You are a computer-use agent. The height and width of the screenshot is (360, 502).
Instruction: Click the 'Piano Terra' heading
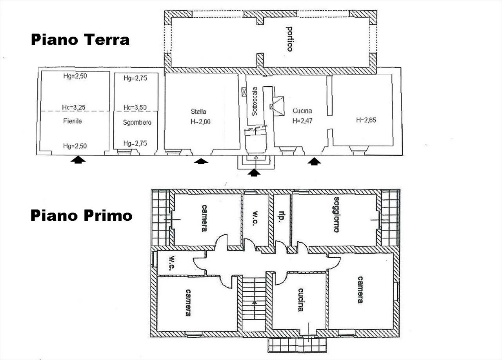80,40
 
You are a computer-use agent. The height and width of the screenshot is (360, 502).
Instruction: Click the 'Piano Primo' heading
81,215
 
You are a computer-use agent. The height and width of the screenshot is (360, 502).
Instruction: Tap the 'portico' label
289,39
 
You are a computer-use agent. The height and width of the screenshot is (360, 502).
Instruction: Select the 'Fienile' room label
73,121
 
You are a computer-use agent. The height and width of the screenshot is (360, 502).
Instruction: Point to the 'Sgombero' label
137,123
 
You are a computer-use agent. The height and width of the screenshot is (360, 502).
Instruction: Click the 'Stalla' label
198,111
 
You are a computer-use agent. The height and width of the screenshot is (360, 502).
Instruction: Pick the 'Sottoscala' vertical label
255,101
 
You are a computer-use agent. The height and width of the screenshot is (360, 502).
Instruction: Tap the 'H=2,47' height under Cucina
302,121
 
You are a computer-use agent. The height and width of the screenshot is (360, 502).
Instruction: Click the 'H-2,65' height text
366,120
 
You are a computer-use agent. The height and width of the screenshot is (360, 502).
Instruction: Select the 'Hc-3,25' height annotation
74,107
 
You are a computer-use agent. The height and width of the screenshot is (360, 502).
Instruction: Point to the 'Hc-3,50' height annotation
135,107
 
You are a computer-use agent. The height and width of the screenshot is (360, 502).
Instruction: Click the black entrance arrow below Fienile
78,160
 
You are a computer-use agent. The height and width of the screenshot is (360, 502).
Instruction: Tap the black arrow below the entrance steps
254,173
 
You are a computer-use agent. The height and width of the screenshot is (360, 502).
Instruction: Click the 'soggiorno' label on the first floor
336,214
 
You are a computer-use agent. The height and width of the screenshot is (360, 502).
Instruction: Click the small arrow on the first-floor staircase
255,302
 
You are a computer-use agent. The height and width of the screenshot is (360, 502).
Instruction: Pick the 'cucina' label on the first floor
301,300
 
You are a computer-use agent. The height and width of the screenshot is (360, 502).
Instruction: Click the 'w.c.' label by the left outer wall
172,263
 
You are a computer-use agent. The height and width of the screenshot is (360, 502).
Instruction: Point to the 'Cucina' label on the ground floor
302,111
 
